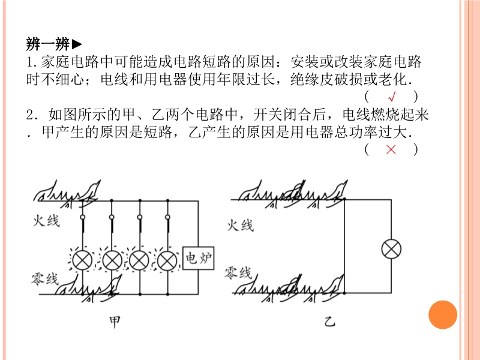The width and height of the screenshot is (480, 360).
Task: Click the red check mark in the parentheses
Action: coord(392,97)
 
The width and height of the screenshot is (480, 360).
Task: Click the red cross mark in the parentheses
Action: coord(391,149)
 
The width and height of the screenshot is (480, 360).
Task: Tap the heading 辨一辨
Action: coord(48,44)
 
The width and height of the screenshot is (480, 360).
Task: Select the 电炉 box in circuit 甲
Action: coord(198,258)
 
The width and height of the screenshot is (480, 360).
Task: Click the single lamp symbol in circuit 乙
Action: coord(391,249)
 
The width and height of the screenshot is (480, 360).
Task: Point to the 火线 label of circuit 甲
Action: coord(46,220)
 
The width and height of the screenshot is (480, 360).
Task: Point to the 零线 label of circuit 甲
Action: coord(44,279)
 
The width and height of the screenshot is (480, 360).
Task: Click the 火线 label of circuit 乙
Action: coord(241,226)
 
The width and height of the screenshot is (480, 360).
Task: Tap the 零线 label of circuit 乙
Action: coord(238,272)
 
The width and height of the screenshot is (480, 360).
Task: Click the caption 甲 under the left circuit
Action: coord(115,322)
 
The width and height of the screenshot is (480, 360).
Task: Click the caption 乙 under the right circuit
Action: coord(329,322)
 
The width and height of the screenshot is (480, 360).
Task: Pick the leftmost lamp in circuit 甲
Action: coord(82,261)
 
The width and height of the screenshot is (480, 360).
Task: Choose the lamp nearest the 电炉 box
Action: coord(167,261)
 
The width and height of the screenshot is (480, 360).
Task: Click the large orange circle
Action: coord(443,314)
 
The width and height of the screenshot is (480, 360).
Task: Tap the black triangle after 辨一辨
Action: coord(77,44)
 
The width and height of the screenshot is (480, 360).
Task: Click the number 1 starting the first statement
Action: coord(29,62)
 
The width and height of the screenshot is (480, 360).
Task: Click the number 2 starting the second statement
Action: coord(30,115)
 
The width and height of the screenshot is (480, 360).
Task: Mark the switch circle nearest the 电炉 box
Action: coord(167,217)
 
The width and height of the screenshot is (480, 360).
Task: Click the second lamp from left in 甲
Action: coord(112,261)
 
